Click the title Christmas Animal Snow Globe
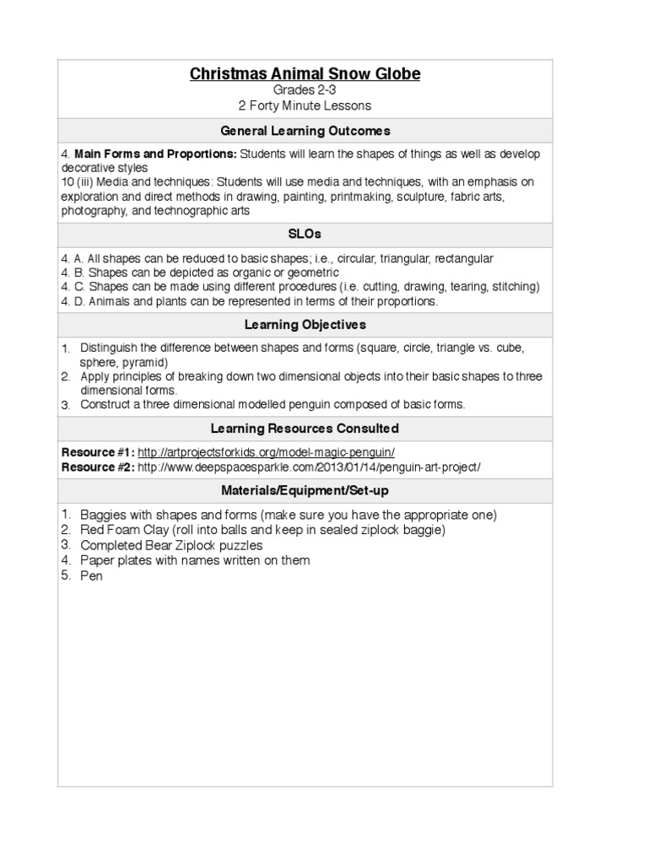click(x=305, y=74)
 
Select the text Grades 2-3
click(x=305, y=90)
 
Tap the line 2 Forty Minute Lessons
click(x=305, y=105)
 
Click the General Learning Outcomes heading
click(x=305, y=131)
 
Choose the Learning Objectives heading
click(x=305, y=324)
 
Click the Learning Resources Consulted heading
click(x=305, y=429)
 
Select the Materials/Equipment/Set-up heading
click(x=305, y=490)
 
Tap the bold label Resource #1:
click(x=97, y=452)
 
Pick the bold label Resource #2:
click(x=97, y=467)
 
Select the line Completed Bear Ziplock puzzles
click(x=171, y=545)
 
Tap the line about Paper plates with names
click(x=195, y=560)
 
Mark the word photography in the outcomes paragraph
click(x=94, y=210)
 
